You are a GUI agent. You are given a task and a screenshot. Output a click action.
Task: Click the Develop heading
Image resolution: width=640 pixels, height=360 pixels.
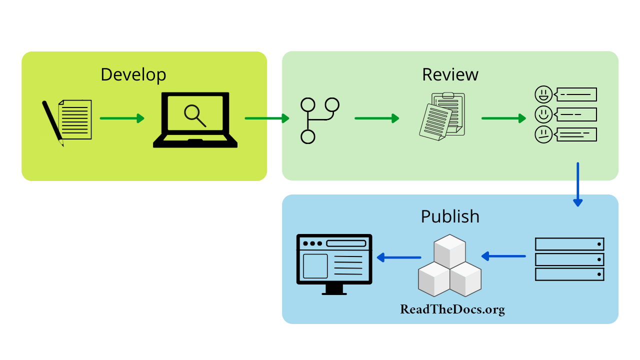point(133,74)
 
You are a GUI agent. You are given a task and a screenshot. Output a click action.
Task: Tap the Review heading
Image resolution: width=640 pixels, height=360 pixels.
point(450,74)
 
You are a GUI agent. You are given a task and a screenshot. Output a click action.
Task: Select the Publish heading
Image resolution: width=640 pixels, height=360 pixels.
point(450,216)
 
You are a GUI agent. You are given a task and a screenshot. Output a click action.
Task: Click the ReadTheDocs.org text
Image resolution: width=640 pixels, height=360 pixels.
point(452,309)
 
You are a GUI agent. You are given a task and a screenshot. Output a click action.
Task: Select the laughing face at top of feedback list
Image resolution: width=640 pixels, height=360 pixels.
point(543,94)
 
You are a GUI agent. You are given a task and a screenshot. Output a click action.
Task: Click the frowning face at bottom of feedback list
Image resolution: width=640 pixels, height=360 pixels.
point(543,134)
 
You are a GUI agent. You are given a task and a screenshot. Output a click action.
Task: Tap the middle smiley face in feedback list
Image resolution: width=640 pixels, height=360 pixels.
point(543,114)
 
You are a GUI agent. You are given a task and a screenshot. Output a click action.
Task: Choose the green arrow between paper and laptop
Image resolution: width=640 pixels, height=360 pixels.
point(122,118)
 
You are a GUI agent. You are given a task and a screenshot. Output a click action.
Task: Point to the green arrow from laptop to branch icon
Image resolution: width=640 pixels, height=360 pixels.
point(267,118)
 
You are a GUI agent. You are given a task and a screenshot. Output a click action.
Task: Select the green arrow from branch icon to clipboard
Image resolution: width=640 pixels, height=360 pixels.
point(377,118)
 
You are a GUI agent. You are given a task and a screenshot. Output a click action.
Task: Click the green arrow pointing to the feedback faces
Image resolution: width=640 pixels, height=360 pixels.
point(503,118)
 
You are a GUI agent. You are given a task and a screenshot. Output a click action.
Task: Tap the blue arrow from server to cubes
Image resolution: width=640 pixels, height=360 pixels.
point(503,256)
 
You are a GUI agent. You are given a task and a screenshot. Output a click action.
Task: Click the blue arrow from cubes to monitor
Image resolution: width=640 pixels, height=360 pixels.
point(398,257)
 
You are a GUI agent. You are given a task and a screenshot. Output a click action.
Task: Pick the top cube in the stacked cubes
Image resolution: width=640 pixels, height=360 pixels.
point(450,250)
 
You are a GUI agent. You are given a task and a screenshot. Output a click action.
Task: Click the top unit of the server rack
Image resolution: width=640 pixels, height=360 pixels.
point(569,244)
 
